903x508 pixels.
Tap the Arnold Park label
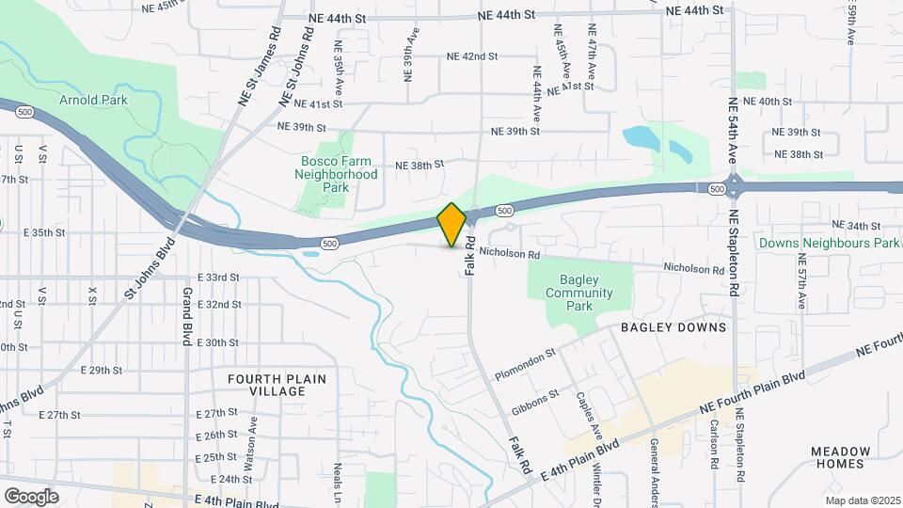pyautogui.click(x=93, y=100)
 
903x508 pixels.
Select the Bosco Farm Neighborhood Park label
pyautogui.click(x=336, y=174)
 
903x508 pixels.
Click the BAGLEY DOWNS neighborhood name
pyautogui.click(x=673, y=327)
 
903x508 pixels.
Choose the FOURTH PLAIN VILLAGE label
pyautogui.click(x=277, y=385)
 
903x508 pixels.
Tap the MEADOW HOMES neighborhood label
pyautogui.click(x=838, y=457)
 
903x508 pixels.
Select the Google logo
pyautogui.click(x=31, y=496)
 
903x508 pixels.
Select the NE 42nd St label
pyautogui.click(x=472, y=56)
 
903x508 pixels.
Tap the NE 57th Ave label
pyautogui.click(x=801, y=288)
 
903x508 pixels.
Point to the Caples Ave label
pyautogui.click(x=583, y=410)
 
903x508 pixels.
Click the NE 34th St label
pyautogui.click(x=856, y=226)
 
